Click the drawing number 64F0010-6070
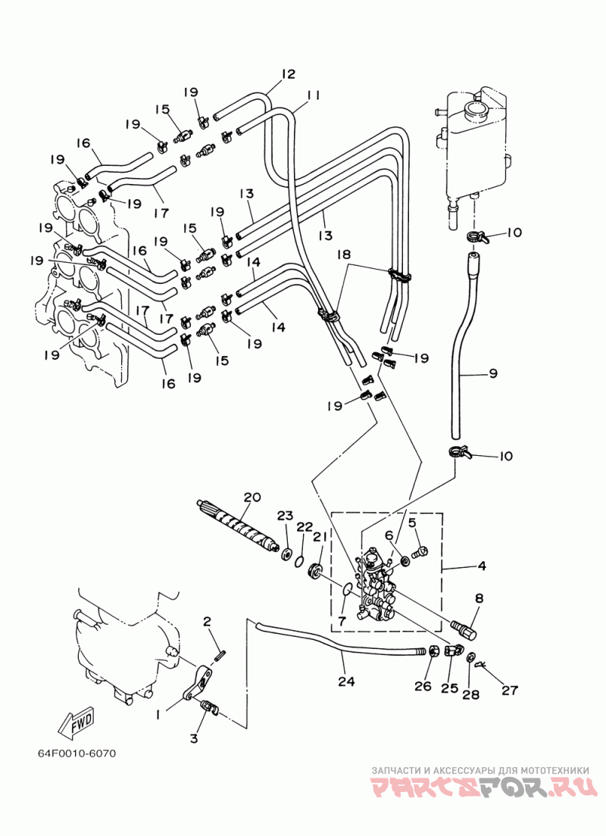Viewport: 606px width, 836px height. click(77, 753)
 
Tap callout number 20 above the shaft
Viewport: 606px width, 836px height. click(251, 498)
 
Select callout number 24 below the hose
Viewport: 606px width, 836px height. click(346, 682)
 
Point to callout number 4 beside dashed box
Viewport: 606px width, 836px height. click(482, 566)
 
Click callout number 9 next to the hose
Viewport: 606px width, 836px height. click(492, 373)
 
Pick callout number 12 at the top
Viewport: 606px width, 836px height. click(288, 73)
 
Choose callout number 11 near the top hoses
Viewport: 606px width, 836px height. click(313, 95)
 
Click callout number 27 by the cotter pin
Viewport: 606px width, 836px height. click(510, 690)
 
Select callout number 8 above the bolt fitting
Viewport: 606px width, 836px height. click(479, 599)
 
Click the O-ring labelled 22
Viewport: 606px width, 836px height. click(300, 561)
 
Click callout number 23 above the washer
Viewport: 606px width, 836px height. click(285, 516)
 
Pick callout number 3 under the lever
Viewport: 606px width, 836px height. click(194, 738)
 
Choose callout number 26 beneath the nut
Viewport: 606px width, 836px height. click(423, 685)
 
